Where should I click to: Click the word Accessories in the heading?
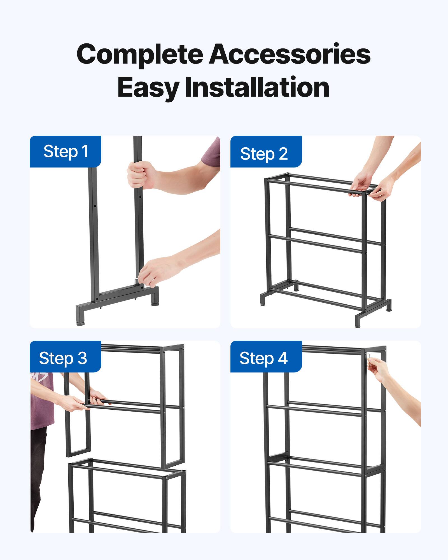(x=290, y=54)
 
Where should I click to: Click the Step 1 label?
(x=66, y=151)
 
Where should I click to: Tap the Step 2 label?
(x=264, y=154)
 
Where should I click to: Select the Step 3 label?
(x=63, y=358)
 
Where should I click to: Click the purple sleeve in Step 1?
(x=212, y=153)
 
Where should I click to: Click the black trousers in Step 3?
(x=38, y=476)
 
